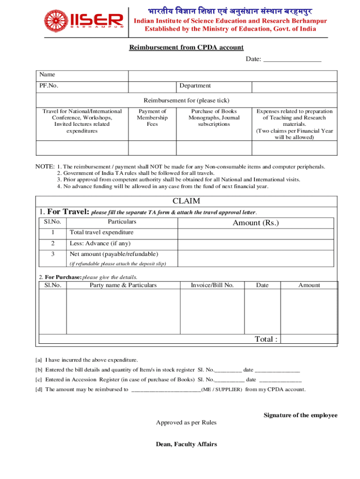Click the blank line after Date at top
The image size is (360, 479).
coord(292,59)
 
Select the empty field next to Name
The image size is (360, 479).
coord(232,75)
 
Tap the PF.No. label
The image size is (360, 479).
coord(49,86)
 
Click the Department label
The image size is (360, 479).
coord(195,86)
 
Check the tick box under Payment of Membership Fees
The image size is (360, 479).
coord(152,148)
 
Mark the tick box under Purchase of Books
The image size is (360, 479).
coord(214,148)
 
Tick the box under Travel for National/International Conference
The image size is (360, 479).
coord(82,148)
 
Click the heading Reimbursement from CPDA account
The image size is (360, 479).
coord(186,47)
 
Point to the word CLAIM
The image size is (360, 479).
coord(186,201)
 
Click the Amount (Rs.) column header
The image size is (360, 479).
coord(256,223)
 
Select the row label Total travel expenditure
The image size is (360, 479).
coord(101,232)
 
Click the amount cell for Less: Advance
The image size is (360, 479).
coord(256,244)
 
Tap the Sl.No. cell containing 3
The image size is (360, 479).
coord(53,254)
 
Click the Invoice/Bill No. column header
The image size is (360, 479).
coord(212,285)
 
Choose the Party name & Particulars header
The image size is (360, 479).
coord(123,285)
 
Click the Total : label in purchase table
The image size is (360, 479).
coord(266,339)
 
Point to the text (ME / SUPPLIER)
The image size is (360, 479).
coord(222,389)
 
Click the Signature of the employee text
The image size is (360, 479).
coord(300,415)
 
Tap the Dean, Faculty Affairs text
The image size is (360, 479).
coord(186,444)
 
